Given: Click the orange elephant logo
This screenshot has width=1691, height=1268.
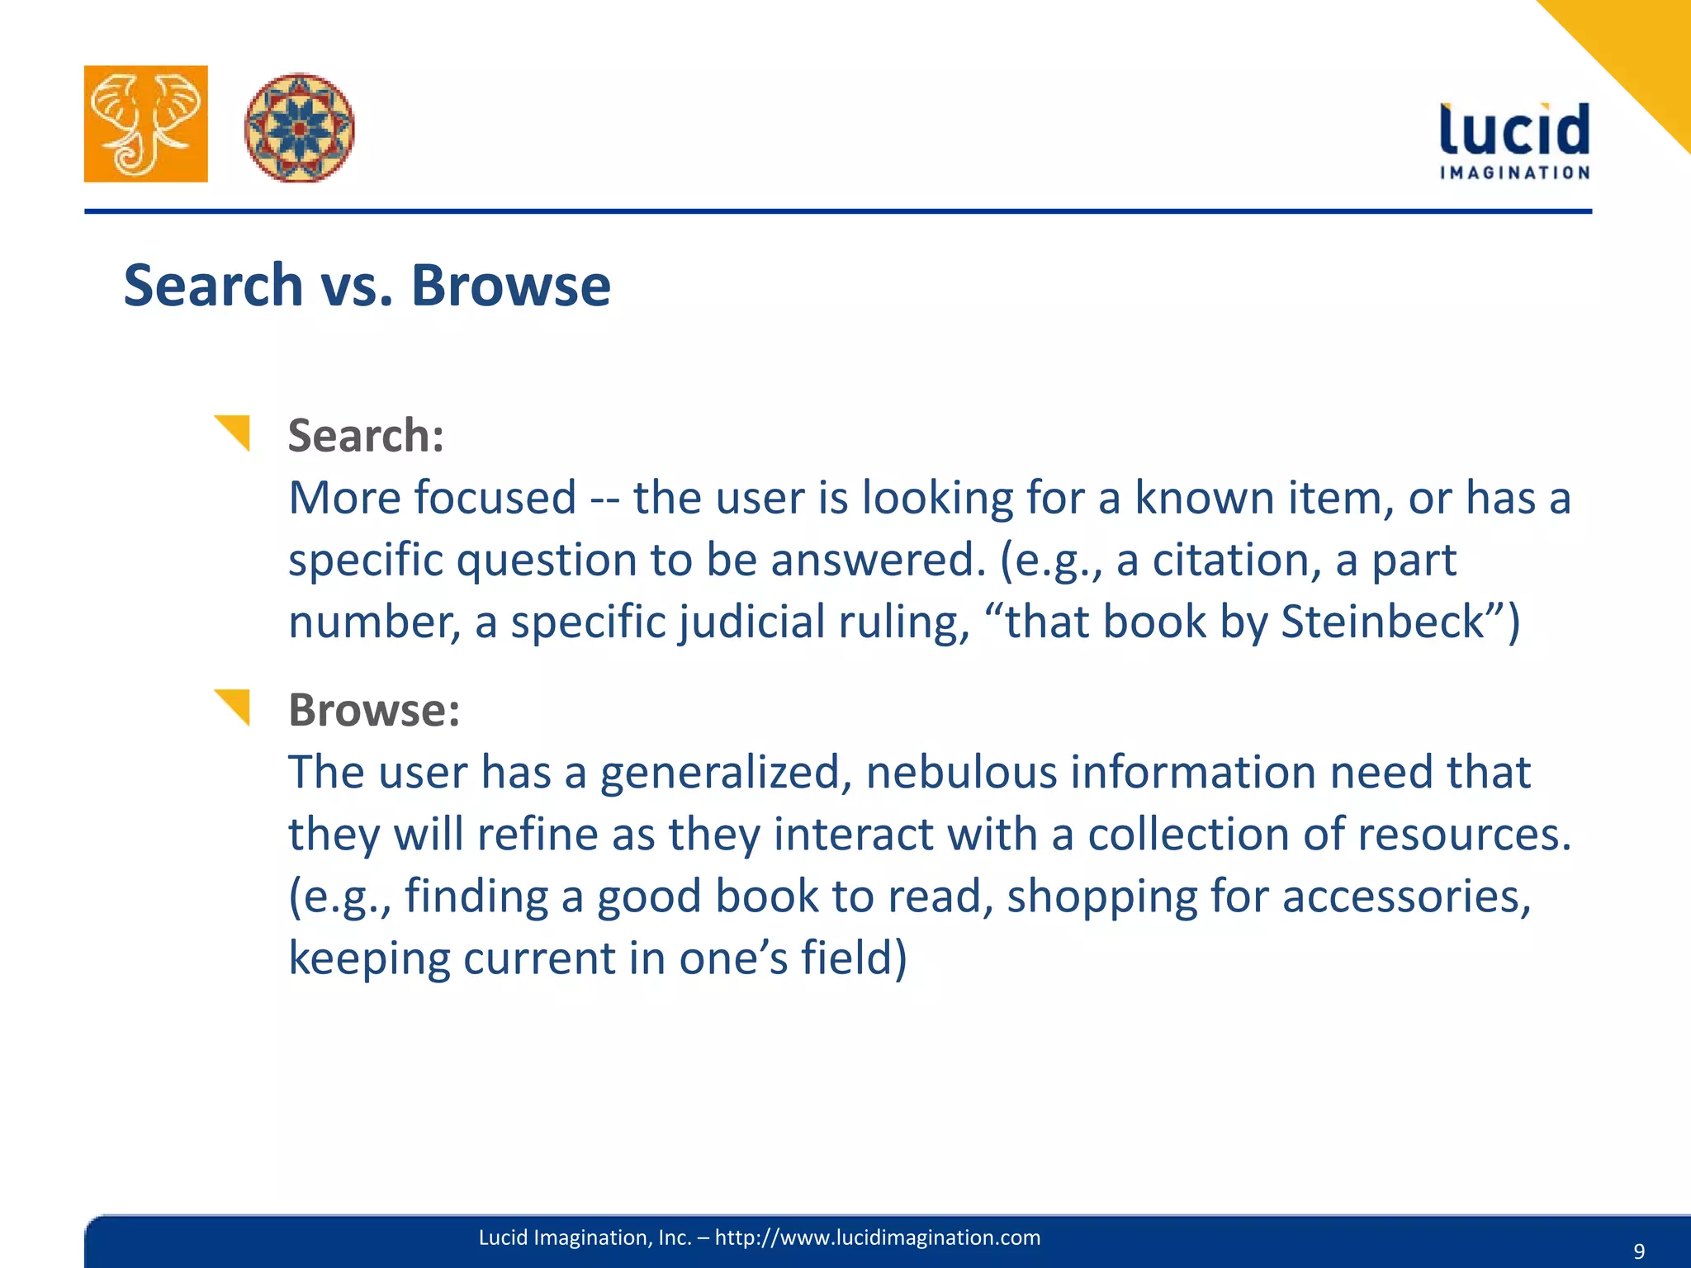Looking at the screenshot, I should pyautogui.click(x=146, y=124).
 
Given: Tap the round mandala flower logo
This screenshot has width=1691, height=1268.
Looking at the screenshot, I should pyautogui.click(x=299, y=127).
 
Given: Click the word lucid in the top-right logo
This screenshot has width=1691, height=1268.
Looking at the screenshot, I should pyautogui.click(x=1514, y=130).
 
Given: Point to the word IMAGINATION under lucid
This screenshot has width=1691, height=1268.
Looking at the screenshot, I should pyautogui.click(x=1514, y=173).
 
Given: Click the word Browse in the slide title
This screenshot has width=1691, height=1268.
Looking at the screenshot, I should pyautogui.click(x=510, y=286).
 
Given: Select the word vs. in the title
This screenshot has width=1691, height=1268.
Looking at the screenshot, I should pyautogui.click(x=357, y=286).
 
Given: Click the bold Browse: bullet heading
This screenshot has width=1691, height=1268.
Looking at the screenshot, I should pyautogui.click(x=374, y=710).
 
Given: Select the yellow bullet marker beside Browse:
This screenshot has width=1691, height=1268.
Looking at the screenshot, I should pyautogui.click(x=233, y=707).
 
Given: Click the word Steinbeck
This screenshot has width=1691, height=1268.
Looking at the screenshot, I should pyautogui.click(x=1383, y=622).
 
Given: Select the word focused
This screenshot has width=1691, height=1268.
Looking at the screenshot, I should pyautogui.click(x=494, y=498).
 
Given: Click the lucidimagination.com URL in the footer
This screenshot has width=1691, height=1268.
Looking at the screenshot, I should pyautogui.click(x=877, y=1237).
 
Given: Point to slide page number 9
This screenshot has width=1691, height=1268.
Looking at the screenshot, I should pyautogui.click(x=1639, y=1251).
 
